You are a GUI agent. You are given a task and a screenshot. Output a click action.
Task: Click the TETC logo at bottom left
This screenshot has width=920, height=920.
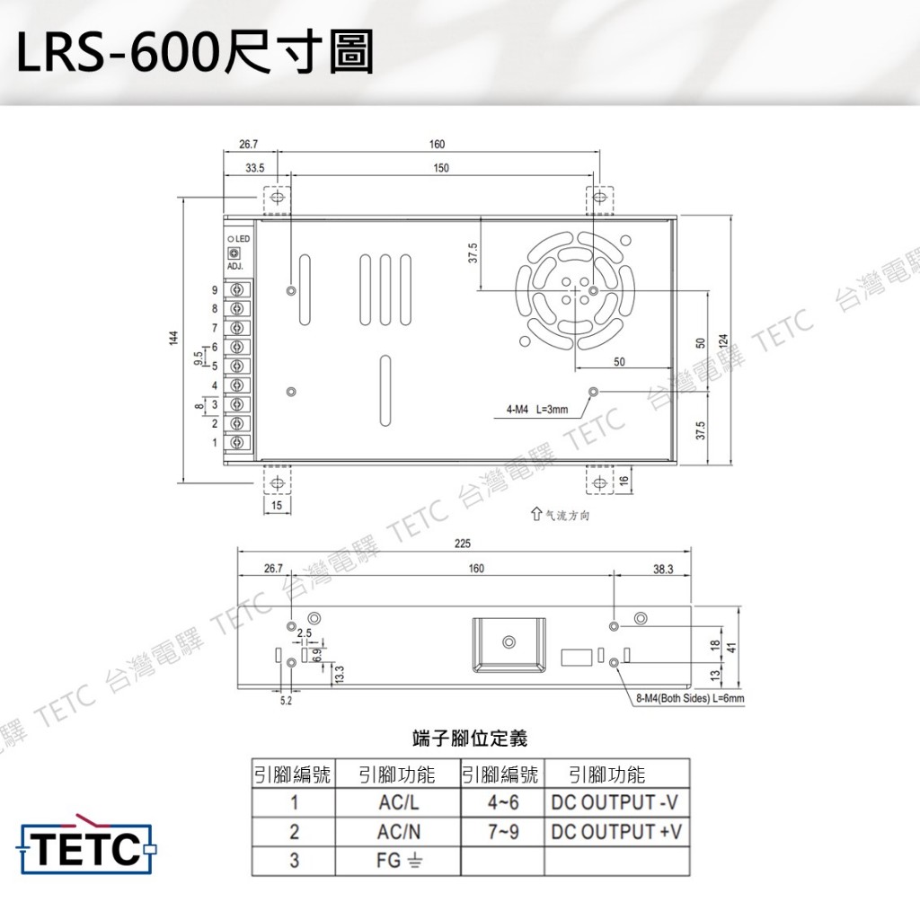click(88, 845)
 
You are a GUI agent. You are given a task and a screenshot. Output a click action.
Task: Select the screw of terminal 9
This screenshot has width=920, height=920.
click(237, 290)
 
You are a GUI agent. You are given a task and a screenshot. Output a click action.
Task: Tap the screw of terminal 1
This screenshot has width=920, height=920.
click(237, 442)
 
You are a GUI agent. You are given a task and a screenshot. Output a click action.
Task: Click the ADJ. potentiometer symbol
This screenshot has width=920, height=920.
click(234, 252)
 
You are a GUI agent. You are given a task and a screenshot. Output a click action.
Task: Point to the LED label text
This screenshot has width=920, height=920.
click(243, 239)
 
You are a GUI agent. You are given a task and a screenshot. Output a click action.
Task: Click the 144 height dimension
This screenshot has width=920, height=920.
click(173, 338)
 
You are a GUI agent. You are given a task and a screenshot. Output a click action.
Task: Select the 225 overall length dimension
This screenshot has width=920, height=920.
click(463, 544)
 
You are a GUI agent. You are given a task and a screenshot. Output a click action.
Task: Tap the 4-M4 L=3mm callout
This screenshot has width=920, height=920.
click(537, 410)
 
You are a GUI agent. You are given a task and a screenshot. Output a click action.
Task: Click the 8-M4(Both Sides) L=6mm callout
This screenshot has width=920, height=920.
click(690, 698)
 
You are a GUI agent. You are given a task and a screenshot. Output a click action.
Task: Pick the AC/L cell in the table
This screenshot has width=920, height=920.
click(398, 802)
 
